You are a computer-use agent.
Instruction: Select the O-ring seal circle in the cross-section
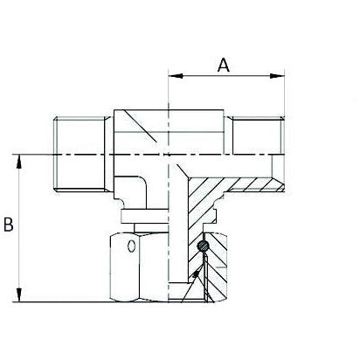[203, 250]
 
